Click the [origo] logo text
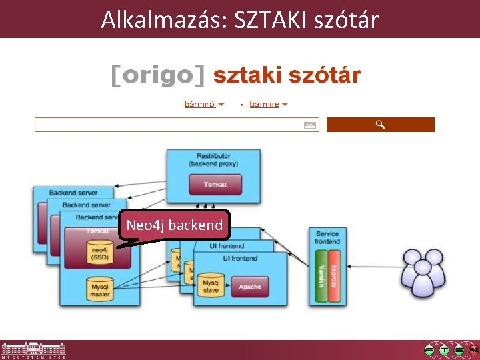tap(158, 75)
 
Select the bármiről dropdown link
tap(201, 104)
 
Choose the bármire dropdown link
tap(265, 104)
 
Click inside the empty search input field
tap(167, 125)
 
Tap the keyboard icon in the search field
tap(310, 125)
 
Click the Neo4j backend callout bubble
tap(174, 225)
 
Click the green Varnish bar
tap(321, 270)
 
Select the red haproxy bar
tap(334, 270)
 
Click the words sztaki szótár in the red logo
tap(287, 75)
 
